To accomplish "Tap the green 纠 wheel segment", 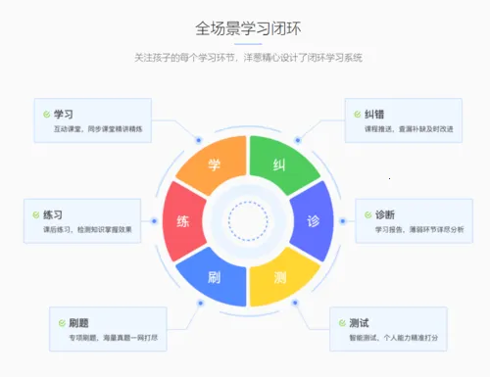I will point(279,165).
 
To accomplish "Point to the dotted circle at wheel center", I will point(247,220).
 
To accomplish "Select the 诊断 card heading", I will point(385,215).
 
